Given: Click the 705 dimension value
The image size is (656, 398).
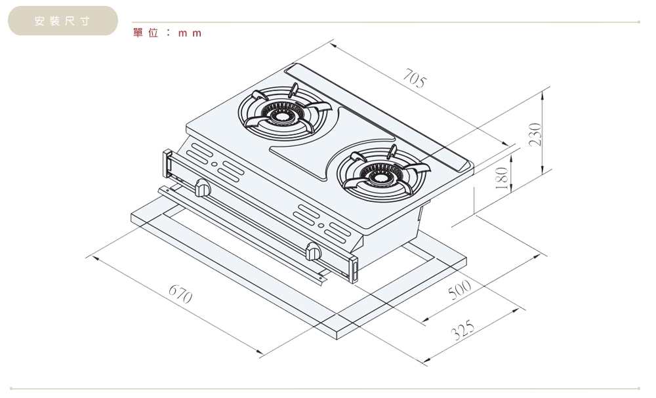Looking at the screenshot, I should click(414, 80).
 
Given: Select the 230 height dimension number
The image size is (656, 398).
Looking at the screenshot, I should click(536, 135).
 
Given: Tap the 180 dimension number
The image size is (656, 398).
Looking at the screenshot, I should click(502, 177).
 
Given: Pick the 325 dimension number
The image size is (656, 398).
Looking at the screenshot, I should click(463, 332).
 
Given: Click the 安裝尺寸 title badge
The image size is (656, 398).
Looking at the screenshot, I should click(62, 21).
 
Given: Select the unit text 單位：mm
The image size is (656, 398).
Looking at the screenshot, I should click(167, 32).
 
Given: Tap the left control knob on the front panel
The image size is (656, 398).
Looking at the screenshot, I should click(203, 189).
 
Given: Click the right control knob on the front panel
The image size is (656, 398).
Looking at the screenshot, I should click(314, 250).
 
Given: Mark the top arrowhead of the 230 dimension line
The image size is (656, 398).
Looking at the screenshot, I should click(542, 92).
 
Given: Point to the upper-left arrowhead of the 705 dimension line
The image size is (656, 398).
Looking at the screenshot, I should click(333, 45).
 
